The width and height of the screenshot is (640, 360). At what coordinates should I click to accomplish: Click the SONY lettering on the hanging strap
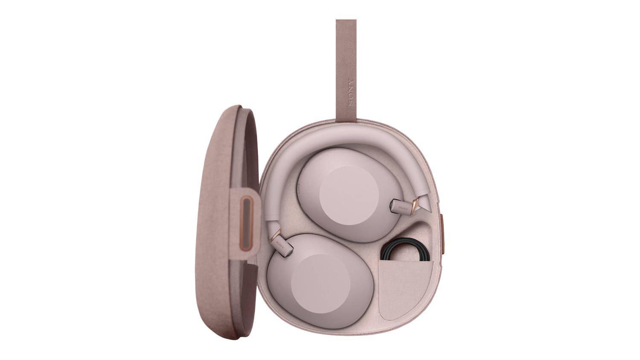(x=351, y=92)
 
